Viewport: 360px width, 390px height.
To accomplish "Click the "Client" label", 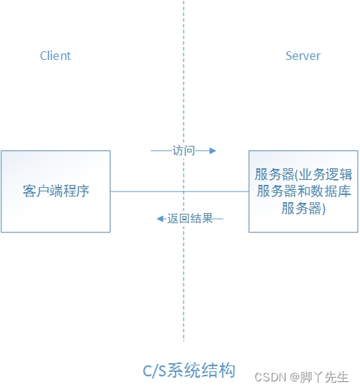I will pos(56,56).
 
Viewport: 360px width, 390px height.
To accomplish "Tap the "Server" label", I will pos(303,56).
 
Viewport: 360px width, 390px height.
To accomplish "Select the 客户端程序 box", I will pos(56,191).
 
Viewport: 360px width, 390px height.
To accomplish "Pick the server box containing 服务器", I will pos(303,191).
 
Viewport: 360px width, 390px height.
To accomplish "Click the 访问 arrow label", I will pos(184,151).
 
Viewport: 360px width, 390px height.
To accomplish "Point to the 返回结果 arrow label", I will pos(190,218).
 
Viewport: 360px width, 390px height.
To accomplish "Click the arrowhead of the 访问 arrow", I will pos(213,151).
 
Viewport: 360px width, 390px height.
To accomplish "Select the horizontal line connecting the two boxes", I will pos(145,191).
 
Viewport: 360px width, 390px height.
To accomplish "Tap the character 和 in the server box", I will pos(302,192).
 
